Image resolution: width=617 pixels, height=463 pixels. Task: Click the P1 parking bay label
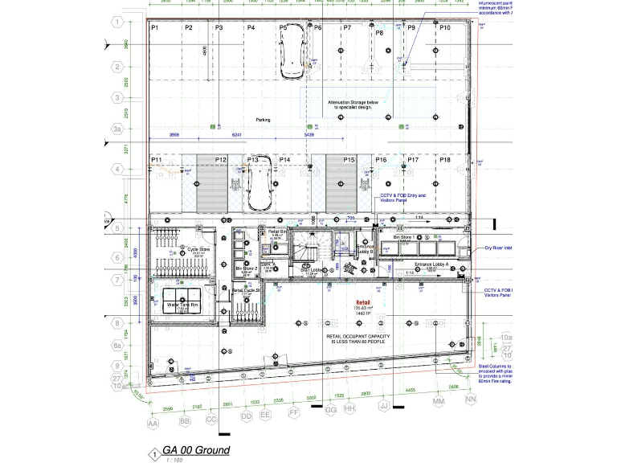pos(155,28)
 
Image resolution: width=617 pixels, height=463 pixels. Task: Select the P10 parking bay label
pos(445,28)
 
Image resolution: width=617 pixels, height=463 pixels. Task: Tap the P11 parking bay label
pos(157,161)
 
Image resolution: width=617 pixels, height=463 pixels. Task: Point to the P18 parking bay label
pos(445,161)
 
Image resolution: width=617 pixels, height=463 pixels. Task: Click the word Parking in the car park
pos(263,120)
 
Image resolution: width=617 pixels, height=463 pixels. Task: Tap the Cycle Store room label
pos(198,249)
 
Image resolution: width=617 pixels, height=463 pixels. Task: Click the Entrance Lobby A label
pos(430,264)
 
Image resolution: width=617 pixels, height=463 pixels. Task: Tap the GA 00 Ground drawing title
pos(196,450)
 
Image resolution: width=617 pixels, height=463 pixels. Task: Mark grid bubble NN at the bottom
pos(471,399)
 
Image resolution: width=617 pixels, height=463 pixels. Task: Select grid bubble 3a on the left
pos(117,129)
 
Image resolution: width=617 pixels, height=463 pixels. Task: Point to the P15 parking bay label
pos(349,161)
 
